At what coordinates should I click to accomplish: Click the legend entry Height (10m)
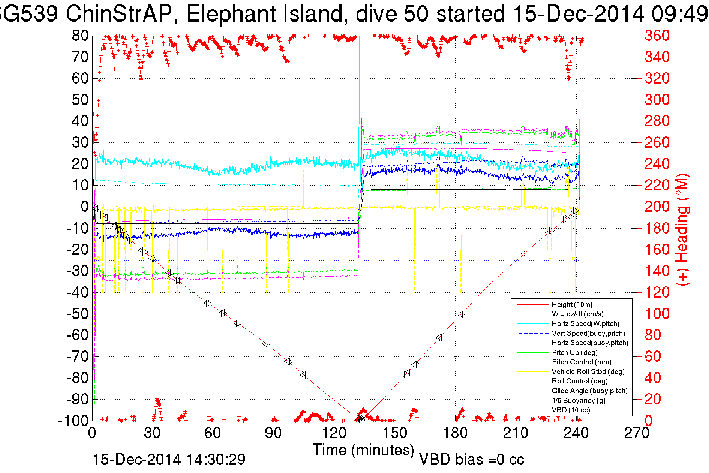coord(572,305)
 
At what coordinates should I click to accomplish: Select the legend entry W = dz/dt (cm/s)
coord(577,314)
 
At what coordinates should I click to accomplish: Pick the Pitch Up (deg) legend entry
coord(574,352)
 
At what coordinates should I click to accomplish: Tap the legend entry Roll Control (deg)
coord(580,381)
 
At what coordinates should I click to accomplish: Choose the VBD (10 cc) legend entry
coord(571,410)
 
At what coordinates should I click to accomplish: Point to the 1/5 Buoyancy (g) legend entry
coord(579,401)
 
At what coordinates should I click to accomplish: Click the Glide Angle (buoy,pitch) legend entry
coord(589,391)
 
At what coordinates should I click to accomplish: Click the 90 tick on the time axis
coord(273,433)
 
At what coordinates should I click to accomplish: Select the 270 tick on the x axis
coord(636,433)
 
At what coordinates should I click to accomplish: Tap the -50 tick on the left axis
coord(78,314)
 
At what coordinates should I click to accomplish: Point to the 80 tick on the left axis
coord(80,36)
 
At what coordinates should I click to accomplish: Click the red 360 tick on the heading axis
coord(657,36)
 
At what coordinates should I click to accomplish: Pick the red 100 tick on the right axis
coord(657,314)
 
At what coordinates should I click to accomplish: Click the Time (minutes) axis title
coord(363,450)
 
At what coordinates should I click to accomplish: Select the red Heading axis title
coord(682,229)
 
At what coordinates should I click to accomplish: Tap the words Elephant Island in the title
coord(264,14)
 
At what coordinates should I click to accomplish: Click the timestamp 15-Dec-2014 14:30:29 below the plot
coord(169,460)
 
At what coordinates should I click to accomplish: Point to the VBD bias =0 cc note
coord(471,460)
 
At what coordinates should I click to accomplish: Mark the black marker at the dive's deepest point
coord(360,419)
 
